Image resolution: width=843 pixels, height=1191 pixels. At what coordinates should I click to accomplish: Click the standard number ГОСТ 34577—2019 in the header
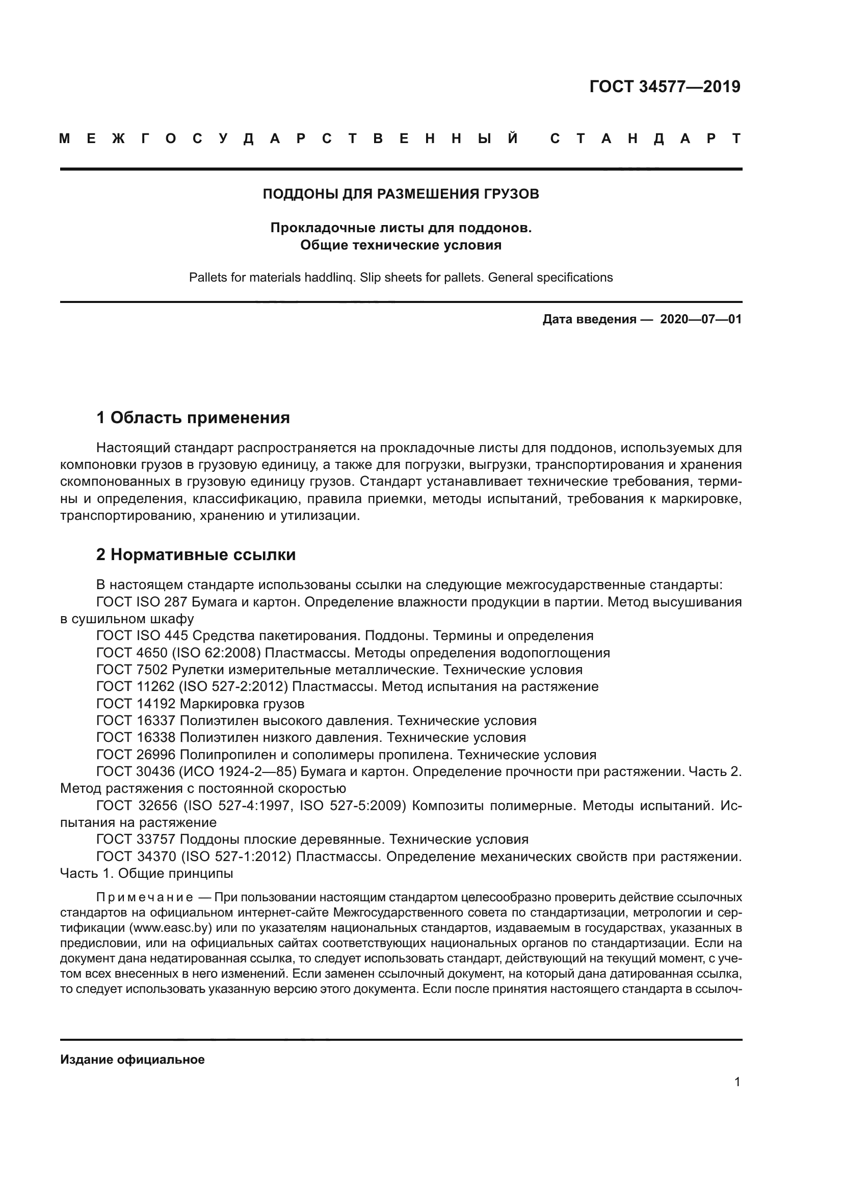pos(665,87)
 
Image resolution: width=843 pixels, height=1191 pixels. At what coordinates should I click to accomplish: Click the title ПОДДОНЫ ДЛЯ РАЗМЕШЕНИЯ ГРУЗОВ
pos(401,194)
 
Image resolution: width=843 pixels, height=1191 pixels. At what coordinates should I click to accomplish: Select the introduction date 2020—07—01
pos(701,319)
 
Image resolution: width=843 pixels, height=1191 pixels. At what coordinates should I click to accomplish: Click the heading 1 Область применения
pos(193,418)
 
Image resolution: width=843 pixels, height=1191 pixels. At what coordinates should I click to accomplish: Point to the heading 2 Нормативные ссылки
pos(196,555)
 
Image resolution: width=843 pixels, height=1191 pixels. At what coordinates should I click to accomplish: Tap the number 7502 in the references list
pos(152,669)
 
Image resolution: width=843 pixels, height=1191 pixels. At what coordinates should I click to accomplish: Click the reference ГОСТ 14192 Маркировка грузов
pos(200,703)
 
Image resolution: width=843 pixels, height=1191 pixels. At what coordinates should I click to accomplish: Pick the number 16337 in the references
pos(156,721)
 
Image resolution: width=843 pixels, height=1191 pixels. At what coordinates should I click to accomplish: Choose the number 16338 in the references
pos(156,737)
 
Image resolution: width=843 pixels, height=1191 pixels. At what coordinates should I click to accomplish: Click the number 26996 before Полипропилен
pos(156,754)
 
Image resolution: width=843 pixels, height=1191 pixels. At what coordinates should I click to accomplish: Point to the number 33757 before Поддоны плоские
pos(156,839)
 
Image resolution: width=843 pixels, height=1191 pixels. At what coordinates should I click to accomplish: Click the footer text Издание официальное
pos(133,1059)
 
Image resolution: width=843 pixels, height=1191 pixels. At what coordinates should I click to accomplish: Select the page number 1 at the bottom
pos(737,1082)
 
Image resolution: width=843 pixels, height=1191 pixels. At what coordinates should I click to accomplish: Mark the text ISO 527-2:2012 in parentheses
pos(233,686)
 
